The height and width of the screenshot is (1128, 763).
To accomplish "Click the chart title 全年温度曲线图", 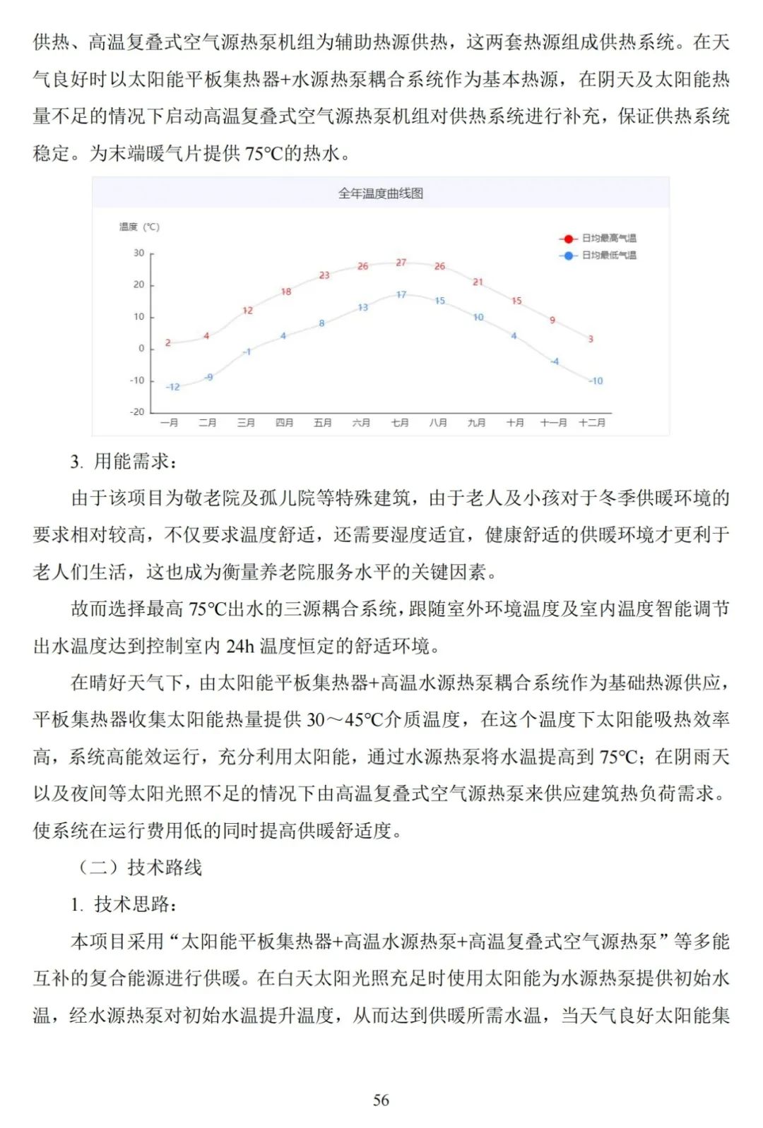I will pyautogui.click(x=380, y=193).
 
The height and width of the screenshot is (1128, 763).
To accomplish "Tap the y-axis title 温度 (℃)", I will pyautogui.click(x=139, y=227).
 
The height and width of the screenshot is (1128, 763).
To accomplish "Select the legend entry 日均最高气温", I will pyautogui.click(x=608, y=239).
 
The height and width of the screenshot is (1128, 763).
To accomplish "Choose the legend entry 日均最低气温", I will pyautogui.click(x=608, y=256).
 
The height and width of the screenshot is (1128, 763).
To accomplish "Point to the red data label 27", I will pyautogui.click(x=401, y=263).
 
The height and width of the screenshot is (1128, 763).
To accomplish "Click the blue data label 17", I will pyautogui.click(x=401, y=294).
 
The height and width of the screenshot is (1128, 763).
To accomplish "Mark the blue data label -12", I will pyautogui.click(x=173, y=387).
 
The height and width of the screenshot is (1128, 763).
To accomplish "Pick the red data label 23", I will pyautogui.click(x=324, y=275).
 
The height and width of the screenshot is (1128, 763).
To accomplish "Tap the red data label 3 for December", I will pyautogui.click(x=591, y=339).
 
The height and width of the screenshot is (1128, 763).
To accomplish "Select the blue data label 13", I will pyautogui.click(x=362, y=307).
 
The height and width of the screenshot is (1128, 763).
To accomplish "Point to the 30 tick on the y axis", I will pyautogui.click(x=139, y=253).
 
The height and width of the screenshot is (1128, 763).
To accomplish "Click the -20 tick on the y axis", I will pyautogui.click(x=137, y=412).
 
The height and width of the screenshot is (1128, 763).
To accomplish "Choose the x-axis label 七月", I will pyautogui.click(x=400, y=423).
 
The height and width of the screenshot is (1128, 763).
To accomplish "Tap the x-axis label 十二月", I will pyautogui.click(x=592, y=423).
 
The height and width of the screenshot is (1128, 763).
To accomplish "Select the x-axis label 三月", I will pyautogui.click(x=246, y=423).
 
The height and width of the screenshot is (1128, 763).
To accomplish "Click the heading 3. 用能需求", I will pyautogui.click(x=124, y=462).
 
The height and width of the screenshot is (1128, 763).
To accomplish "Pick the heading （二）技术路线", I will pyautogui.click(x=139, y=868).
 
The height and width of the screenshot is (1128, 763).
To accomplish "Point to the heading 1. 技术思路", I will pyautogui.click(x=124, y=904).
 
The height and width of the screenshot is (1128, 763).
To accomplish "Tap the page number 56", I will pyautogui.click(x=381, y=1100).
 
